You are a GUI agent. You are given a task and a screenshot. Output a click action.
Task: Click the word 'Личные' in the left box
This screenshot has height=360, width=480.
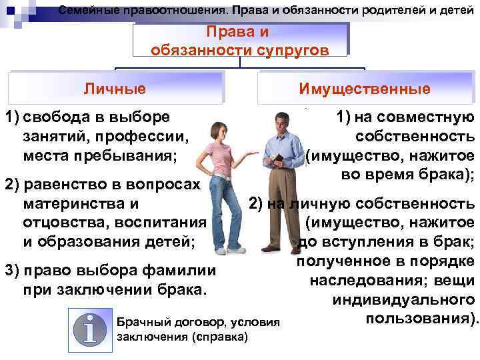tap(114, 88)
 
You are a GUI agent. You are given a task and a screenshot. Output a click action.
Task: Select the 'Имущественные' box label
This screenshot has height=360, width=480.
tap(365, 88)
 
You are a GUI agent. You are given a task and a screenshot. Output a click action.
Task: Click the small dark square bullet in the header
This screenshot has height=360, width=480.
tap(9, 11)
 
